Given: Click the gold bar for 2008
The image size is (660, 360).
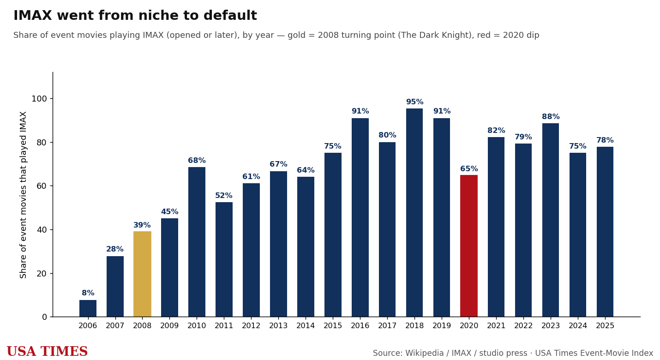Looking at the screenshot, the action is tap(142, 274).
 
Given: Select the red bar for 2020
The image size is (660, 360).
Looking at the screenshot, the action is tap(469, 246).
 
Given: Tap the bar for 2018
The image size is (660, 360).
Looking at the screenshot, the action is tap(414, 213).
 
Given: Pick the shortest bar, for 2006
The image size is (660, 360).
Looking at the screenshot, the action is tap(88, 308).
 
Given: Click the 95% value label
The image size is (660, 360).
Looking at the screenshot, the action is tap(414, 102).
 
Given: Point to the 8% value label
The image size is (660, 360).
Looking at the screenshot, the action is tap(88, 293).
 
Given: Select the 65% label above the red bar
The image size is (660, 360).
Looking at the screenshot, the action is tap(469, 168).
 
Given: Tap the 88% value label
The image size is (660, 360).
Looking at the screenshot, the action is tap(551, 116).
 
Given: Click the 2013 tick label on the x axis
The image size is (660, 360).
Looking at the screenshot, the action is tap(278, 325).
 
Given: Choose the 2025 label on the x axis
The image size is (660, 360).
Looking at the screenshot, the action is tap(605, 325).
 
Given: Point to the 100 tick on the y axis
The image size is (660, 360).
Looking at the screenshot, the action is tap(39, 99).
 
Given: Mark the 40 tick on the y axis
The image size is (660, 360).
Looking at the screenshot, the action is tap(42, 230).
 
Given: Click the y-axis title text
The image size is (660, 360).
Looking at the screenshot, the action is tap(23, 195).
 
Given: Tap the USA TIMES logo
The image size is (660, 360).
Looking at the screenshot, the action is tap(47, 351).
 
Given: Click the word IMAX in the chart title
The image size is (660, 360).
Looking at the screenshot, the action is tap(33, 15).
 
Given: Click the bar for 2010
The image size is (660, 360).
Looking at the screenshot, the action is tap(197, 242).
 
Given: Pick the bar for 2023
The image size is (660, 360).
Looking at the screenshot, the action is tap(551, 220).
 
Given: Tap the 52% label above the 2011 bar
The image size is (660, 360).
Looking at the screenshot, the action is tap(224, 195).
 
